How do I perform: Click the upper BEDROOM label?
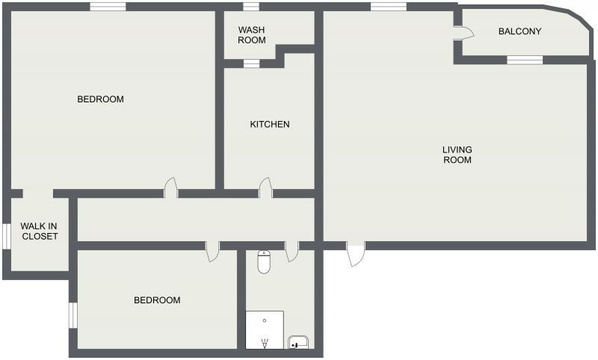point(100,99)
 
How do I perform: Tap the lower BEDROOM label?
point(157,300)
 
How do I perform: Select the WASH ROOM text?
point(252,35)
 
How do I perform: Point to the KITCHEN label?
point(270,124)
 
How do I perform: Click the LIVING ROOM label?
point(457,155)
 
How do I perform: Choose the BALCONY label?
point(520,31)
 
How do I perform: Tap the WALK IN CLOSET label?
point(40,231)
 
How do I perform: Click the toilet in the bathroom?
point(264,262)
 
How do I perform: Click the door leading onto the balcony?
point(464,32)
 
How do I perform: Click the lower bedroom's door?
point(212,251)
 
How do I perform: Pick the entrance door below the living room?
point(355,254)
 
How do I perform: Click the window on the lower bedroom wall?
point(73,314)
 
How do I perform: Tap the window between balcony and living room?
point(524,59)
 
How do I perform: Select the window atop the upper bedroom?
point(108,7)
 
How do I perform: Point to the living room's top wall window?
point(387,7)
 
